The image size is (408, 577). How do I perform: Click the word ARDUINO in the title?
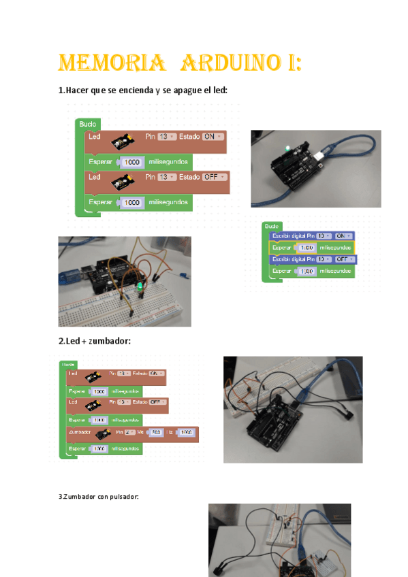coord(234,64)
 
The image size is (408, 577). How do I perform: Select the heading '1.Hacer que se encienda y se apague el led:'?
coord(142,91)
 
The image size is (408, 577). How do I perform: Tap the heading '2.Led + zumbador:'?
coord(93,341)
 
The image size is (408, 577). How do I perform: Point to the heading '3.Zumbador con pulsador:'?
coord(98,497)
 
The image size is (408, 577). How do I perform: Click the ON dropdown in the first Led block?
coord(213,137)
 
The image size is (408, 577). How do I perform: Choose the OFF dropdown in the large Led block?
coord(215,177)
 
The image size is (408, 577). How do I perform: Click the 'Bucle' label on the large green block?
coord(88,124)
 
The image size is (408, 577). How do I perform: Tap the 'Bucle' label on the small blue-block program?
coord(272,226)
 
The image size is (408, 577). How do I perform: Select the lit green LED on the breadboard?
coord(140,288)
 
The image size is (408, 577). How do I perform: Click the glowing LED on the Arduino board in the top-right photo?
coord(289,148)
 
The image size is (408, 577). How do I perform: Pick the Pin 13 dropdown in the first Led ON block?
coord(167,137)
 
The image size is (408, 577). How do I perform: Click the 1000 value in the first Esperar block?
coord(132,162)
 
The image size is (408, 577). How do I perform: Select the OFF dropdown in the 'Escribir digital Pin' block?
coord(342,259)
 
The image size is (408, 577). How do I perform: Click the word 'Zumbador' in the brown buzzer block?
coord(80,433)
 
